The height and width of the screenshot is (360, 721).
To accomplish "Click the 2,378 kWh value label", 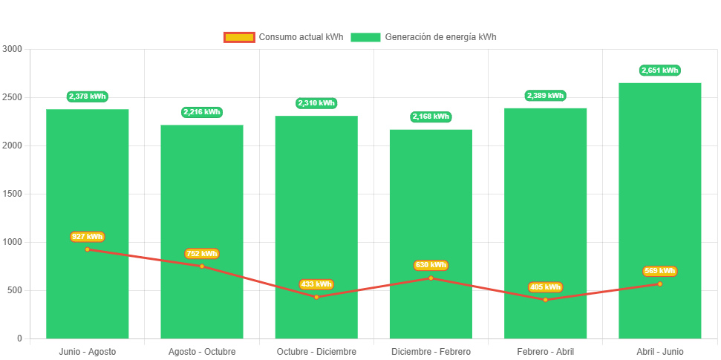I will click(x=88, y=96).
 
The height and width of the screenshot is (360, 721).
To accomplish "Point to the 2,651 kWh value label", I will click(x=660, y=71).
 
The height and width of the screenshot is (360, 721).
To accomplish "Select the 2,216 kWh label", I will click(x=202, y=112).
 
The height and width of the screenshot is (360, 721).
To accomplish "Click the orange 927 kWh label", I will click(x=88, y=237).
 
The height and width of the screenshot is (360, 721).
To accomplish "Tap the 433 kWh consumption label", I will click(x=316, y=284).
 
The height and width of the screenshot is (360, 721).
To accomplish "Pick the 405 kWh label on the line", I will click(x=545, y=287).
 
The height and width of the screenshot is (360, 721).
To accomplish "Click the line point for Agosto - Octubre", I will click(x=202, y=266).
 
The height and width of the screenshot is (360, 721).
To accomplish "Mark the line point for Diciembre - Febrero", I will click(x=431, y=278).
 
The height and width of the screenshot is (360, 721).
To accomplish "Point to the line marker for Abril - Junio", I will click(x=660, y=284).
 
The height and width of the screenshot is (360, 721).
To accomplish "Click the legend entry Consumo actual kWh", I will click(x=283, y=37).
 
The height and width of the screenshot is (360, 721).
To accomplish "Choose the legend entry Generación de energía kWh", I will click(x=423, y=37).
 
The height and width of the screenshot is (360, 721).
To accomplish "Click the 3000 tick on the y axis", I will click(x=13, y=49).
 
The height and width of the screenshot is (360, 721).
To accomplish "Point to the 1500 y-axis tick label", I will click(x=13, y=194).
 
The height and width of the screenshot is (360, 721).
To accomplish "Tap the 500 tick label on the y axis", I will click(x=15, y=290).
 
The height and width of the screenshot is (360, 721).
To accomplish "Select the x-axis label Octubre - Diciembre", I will click(x=316, y=351).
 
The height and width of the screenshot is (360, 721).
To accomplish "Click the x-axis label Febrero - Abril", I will click(x=545, y=351).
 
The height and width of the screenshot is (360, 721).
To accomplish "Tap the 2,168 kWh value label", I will click(x=431, y=117).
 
